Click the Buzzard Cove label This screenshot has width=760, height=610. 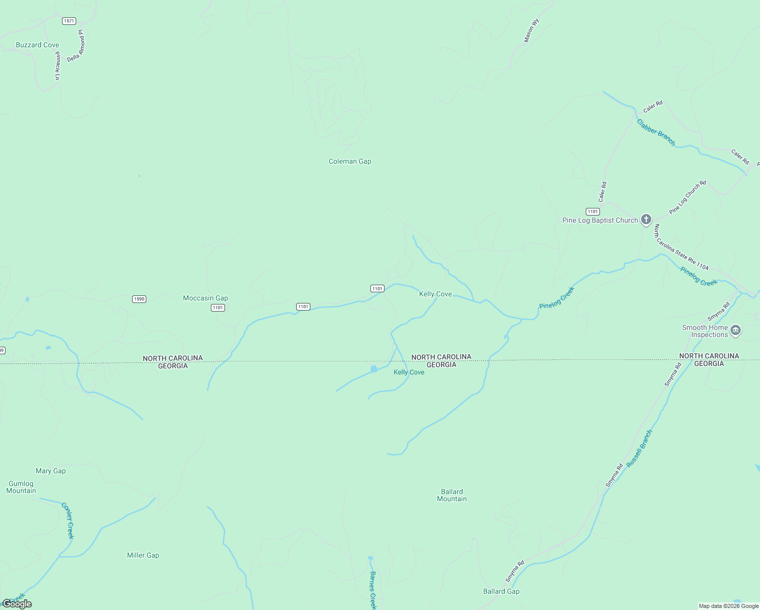pos(37,45)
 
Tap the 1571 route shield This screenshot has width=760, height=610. pos(69,21)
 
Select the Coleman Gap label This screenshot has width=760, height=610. pos(350,161)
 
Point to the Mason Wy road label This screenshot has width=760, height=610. pos(531,31)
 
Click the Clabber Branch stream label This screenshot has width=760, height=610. pos(656,133)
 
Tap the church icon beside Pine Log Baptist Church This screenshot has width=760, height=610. pos(646,220)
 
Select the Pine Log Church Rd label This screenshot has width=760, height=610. pos(687,197)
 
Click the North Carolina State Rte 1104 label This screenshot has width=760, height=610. pos(681,247)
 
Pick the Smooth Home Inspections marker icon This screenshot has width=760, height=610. pos(736,331)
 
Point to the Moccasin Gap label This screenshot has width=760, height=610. pos(205,298)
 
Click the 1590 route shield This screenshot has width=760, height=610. pos(139,299)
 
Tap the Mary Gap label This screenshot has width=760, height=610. pos(50,471)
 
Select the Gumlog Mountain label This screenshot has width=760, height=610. pos(21,487)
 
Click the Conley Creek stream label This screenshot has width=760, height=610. pos(68,521)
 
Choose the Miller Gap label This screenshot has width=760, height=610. pos(143,555)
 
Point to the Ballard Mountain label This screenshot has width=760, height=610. pos(452,495)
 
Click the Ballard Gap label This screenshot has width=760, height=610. pos(501,591)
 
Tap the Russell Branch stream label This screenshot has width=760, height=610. pos(639,449)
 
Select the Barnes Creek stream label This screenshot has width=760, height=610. pos(373,590)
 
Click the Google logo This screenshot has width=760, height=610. pos(17,604)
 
